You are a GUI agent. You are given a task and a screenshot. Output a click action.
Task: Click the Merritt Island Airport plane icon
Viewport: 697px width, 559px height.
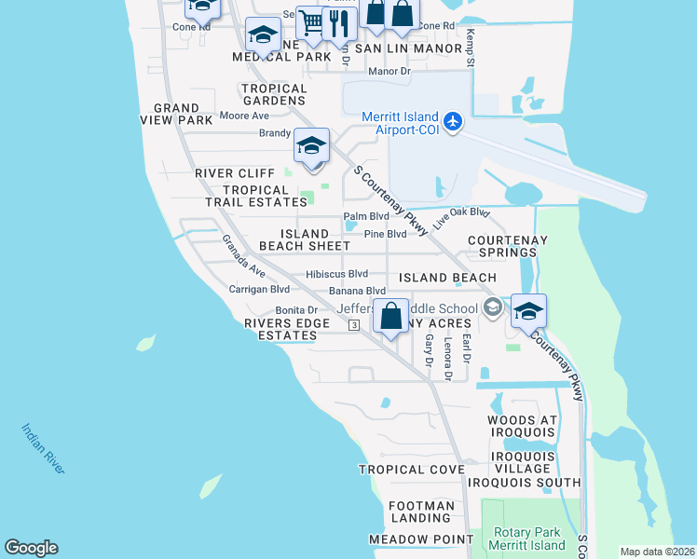pyautogui.click(x=453, y=122)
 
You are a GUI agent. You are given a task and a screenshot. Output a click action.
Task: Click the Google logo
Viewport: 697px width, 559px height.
pyautogui.click(x=31, y=548)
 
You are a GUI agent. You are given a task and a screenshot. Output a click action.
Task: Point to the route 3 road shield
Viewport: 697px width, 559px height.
pyautogui.click(x=354, y=325)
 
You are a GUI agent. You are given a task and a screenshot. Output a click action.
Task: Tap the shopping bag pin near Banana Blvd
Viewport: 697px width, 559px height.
pyautogui.click(x=392, y=316)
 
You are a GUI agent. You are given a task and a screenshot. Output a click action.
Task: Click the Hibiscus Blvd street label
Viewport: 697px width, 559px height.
pyautogui.click(x=336, y=275)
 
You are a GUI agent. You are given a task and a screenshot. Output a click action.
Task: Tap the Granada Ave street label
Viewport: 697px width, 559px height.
pyautogui.click(x=243, y=256)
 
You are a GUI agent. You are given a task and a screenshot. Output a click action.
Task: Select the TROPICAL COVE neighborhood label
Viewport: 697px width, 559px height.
pyautogui.click(x=412, y=470)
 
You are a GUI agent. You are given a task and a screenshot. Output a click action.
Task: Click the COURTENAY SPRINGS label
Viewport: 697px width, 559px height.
pyautogui.click(x=507, y=246)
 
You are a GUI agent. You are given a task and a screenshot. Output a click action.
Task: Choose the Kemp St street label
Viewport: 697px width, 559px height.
pyautogui.click(x=471, y=47)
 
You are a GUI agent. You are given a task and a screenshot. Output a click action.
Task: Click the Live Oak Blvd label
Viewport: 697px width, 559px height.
pyautogui.click(x=461, y=219)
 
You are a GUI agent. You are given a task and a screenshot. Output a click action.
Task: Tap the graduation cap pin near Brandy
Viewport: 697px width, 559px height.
pyautogui.click(x=311, y=146)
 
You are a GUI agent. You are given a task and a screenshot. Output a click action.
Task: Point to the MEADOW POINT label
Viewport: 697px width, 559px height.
pyautogui.click(x=408, y=539)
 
